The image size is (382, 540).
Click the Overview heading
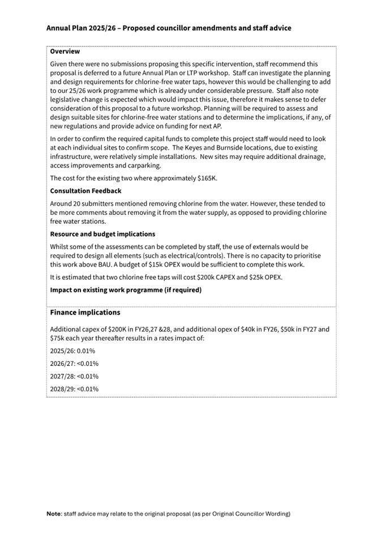[65, 51]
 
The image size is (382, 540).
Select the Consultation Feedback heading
[85, 191]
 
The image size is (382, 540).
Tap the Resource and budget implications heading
[102, 234]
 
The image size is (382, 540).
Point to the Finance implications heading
[85, 312]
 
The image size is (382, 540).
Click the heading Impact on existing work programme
[126, 290]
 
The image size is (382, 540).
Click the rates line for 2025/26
[72, 351]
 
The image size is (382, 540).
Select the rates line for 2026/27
[74, 364]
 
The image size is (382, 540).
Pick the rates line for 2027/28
[74, 376]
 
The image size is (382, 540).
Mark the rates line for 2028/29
[74, 388]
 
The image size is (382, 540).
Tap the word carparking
[146, 166]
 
